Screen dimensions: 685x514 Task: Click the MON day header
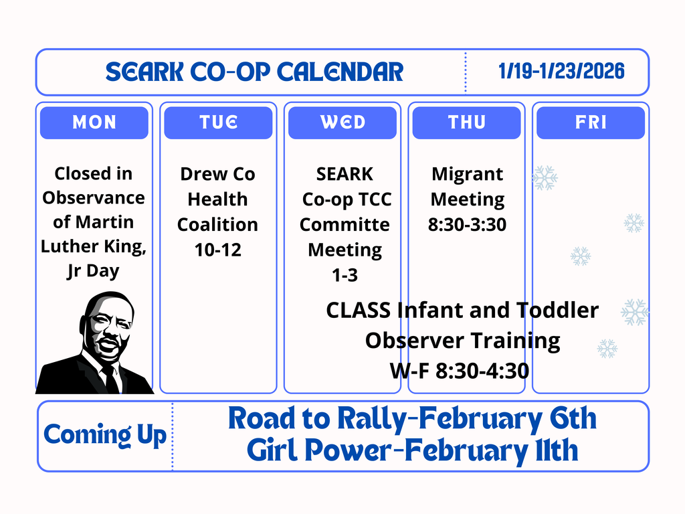pyautogui.click(x=94, y=122)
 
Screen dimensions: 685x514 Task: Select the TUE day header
pyautogui.click(x=218, y=122)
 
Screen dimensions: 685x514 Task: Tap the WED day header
pyautogui.click(x=342, y=122)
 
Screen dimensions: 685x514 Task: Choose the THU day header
pyautogui.click(x=466, y=122)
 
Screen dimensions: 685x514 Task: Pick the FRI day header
pyautogui.click(x=591, y=122)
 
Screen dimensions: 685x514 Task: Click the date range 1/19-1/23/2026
pyautogui.click(x=561, y=71)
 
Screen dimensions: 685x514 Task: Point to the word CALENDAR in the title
pyautogui.click(x=340, y=72)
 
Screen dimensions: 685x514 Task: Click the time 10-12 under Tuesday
pyautogui.click(x=217, y=250)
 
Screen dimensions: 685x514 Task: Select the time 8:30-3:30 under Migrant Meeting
pyautogui.click(x=467, y=225)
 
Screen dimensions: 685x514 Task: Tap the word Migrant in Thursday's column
pyautogui.click(x=467, y=175)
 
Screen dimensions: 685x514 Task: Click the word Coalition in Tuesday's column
pyautogui.click(x=217, y=225)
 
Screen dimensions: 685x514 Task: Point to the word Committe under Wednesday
pyautogui.click(x=345, y=225)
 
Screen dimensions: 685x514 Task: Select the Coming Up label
pyautogui.click(x=105, y=435)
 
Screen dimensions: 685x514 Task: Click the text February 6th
pyautogui.click(x=508, y=419)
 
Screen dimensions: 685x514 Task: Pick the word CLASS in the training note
pyautogui.click(x=359, y=311)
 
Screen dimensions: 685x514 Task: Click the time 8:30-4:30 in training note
pyautogui.click(x=482, y=371)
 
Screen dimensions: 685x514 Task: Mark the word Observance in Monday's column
pyautogui.click(x=94, y=198)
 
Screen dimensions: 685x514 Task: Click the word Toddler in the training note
pyautogui.click(x=557, y=311)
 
